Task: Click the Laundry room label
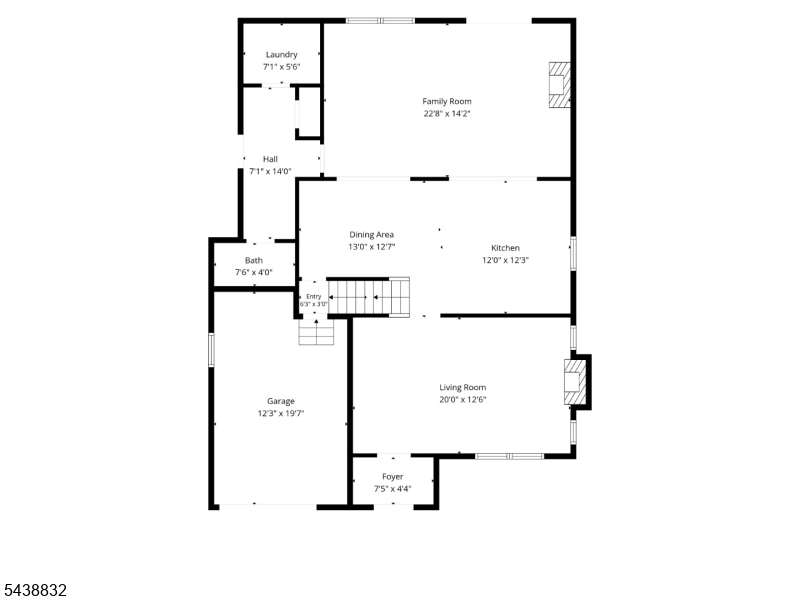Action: click(282, 55)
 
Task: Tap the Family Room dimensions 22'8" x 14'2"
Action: click(446, 114)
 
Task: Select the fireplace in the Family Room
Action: click(559, 85)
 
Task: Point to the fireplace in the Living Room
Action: click(575, 382)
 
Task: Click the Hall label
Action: click(270, 159)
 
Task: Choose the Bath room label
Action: click(254, 260)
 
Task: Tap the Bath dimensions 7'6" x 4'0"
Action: click(254, 272)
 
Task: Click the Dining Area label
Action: click(371, 235)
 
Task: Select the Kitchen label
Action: click(505, 248)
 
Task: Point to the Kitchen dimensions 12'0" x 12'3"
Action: click(505, 260)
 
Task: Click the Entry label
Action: click(314, 296)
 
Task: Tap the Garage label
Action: click(281, 402)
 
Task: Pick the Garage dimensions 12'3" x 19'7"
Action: click(281, 414)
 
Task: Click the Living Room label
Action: click(463, 387)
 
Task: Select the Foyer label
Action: click(392, 477)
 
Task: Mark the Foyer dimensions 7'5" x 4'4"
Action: click(392, 489)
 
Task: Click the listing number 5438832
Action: click(34, 590)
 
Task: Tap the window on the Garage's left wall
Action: click(211, 349)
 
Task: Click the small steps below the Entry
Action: click(316, 332)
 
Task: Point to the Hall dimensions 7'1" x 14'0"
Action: click(270, 171)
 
